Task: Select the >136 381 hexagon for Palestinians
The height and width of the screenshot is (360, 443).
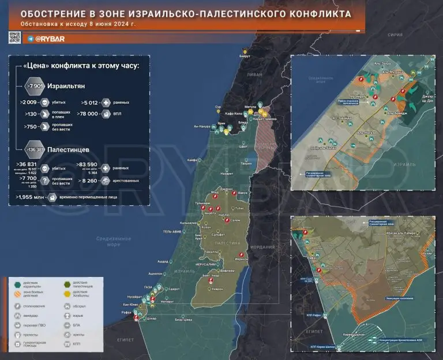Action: [x=35, y=149]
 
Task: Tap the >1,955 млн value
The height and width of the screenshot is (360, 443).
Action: [x=31, y=197]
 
